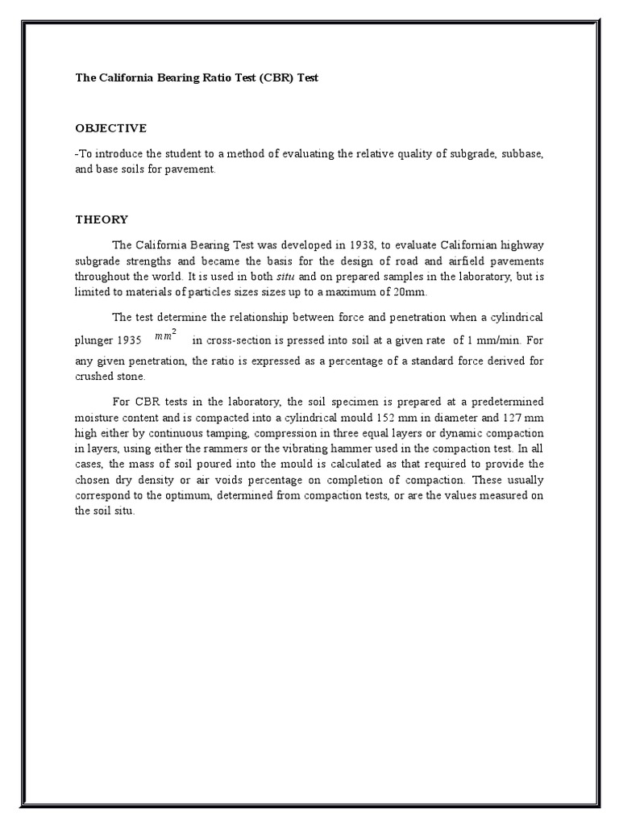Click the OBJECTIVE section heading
coord(111,128)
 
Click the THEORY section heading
coord(102,219)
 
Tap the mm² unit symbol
coord(165,336)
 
